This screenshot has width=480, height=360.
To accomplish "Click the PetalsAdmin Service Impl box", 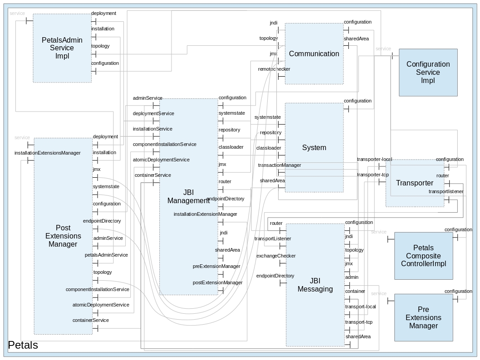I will pyautogui.click(x=62, y=48).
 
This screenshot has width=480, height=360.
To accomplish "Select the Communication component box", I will pyautogui.click(x=314, y=54).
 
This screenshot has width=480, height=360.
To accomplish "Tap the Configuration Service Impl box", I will pyautogui.click(x=428, y=73).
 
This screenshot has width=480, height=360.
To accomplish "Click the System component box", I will pyautogui.click(x=314, y=147).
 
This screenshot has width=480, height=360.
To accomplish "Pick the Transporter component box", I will pyautogui.click(x=415, y=183).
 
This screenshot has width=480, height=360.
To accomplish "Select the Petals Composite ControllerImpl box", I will pyautogui.click(x=423, y=256).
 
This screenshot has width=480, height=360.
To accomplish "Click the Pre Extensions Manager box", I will pyautogui.click(x=423, y=317).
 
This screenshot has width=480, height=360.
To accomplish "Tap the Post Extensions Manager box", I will pyautogui.click(x=63, y=236).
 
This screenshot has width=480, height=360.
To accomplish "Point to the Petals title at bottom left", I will pyautogui.click(x=23, y=345).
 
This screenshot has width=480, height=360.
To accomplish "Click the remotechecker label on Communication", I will pyautogui.click(x=274, y=69).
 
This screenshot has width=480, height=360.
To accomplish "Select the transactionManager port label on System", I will pyautogui.click(x=279, y=165).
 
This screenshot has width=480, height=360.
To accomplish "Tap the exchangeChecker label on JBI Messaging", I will pyautogui.click(x=276, y=256).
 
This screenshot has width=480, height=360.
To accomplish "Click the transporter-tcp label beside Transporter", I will pyautogui.click(x=373, y=175).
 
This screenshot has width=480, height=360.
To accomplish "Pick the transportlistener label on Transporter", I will pyautogui.click(x=446, y=191).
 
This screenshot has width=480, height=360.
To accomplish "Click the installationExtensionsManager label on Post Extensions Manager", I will pyautogui.click(x=48, y=153).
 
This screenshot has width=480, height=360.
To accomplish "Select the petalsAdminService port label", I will pyautogui.click(x=106, y=255).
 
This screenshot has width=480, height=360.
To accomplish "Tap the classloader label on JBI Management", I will pyautogui.click(x=231, y=147).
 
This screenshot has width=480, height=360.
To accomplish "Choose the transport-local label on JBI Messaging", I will pyautogui.click(x=360, y=306).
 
